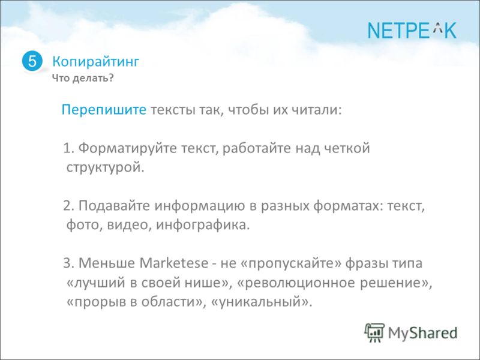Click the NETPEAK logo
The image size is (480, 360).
pyautogui.click(x=412, y=31)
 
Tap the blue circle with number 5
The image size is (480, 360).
pyautogui.click(x=32, y=61)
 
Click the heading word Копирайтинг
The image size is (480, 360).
pyautogui.click(x=95, y=62)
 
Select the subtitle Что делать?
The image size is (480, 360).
pyautogui.click(x=83, y=78)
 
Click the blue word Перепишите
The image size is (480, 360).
pyautogui.click(x=104, y=110)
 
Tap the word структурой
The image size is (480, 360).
pyautogui.click(x=105, y=168)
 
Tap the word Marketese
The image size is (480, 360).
pyautogui.click(x=173, y=263)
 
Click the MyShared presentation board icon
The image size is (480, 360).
pyautogui.click(x=374, y=333)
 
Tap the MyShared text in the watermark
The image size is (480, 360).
pyautogui.click(x=423, y=333)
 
